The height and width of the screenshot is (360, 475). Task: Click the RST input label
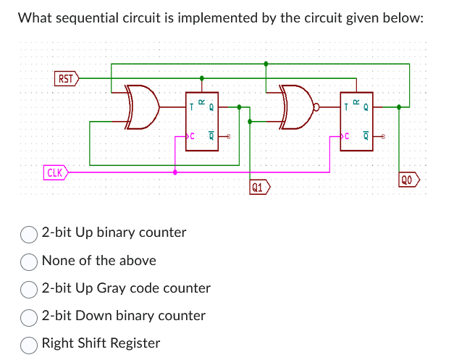(66, 78)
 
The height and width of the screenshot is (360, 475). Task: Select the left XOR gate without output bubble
(143, 106)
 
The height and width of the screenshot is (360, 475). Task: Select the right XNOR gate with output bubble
(298, 106)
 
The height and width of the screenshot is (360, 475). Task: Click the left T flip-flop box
(201, 121)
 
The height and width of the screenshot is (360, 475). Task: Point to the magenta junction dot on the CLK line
(176, 172)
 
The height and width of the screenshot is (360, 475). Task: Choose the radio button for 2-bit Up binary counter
(30, 233)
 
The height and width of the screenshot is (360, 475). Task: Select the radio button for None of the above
(30, 261)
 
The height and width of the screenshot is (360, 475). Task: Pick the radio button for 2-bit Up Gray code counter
(30, 288)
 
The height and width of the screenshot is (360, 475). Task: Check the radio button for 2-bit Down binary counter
(30, 316)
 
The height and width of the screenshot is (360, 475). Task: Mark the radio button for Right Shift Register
(30, 343)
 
